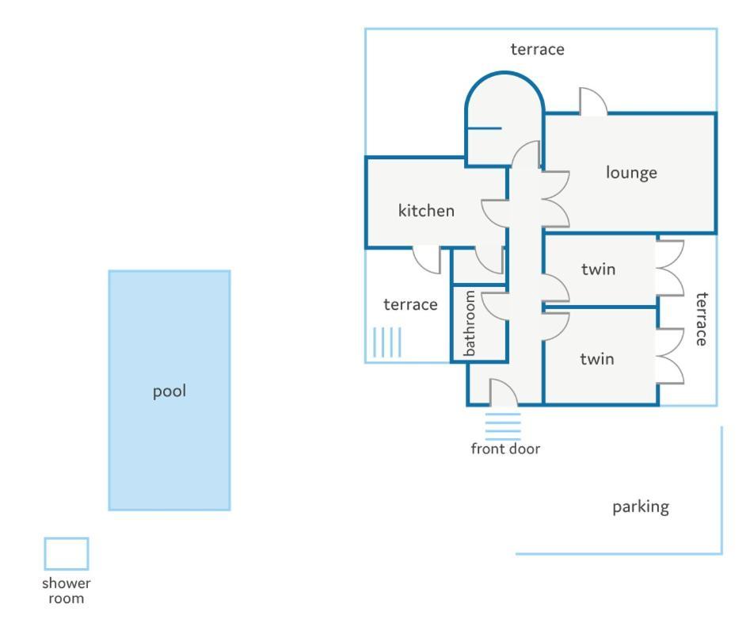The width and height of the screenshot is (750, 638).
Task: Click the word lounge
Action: click(631, 173)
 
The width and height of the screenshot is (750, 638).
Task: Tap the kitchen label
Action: click(426, 211)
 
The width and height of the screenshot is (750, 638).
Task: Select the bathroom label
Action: click(470, 323)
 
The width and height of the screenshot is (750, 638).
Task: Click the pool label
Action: click(169, 392)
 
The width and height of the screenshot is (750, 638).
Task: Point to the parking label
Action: click(641, 507)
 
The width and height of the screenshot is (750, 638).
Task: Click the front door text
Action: click(505, 449)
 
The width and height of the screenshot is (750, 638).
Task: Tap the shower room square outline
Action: click(67, 554)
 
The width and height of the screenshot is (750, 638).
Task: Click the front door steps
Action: click(503, 426)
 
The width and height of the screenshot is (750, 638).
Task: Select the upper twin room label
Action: click(599, 269)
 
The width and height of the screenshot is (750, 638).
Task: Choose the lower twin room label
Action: click(597, 358)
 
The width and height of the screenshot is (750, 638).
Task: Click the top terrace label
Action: click(537, 49)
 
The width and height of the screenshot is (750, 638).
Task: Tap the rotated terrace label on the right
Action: click(701, 319)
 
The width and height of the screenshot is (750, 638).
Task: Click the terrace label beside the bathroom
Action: click(410, 304)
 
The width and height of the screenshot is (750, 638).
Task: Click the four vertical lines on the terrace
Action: click(387, 342)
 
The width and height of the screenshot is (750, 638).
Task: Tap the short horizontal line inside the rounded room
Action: click(484, 128)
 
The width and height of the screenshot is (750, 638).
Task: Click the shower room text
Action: click(67, 590)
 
